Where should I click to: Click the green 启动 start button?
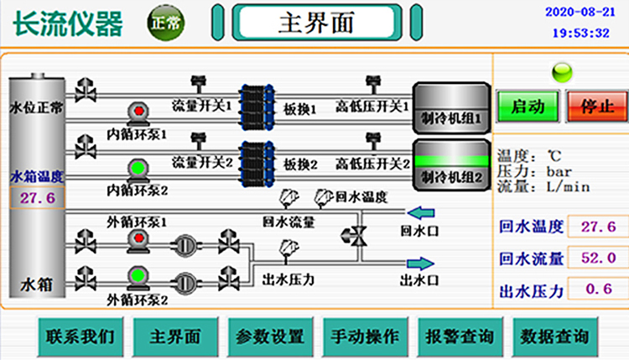528,107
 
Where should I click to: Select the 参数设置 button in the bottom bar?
270,336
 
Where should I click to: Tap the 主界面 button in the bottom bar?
175,336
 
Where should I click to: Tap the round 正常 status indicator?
164,23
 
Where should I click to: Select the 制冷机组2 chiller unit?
451,166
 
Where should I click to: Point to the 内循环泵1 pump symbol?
136,113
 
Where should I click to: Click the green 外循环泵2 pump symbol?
136,275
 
